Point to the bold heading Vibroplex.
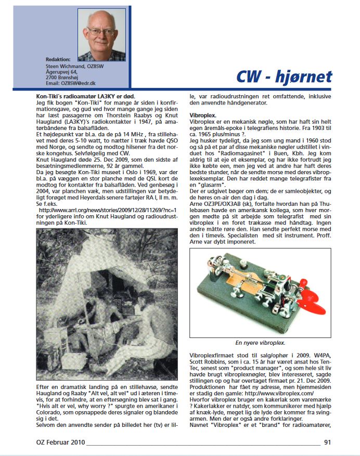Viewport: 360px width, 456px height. coord(203,113)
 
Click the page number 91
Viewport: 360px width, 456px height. coord(327,443)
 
